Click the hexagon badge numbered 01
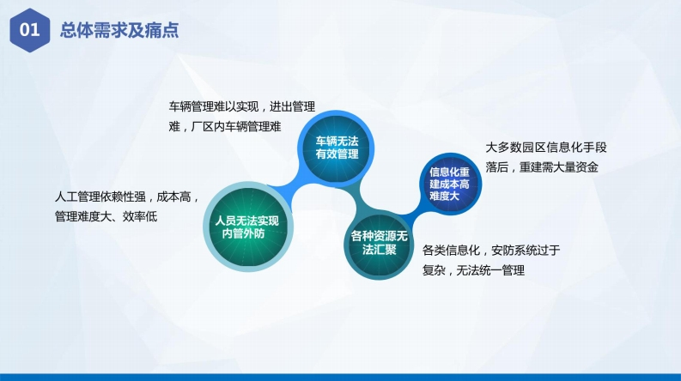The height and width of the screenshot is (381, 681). [29, 30]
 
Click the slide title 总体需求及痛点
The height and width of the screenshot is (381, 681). [119, 30]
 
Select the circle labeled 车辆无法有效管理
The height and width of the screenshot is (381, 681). [336, 148]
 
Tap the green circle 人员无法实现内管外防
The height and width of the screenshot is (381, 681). [248, 227]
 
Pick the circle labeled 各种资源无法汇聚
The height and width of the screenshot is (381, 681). [379, 243]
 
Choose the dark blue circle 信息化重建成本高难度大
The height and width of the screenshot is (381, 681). [450, 184]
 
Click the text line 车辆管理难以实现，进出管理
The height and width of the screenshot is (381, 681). [242, 106]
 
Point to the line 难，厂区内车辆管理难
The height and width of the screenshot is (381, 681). [225, 126]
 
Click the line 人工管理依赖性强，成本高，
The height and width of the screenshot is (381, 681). [126, 197]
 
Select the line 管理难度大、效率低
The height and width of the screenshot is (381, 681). [106, 216]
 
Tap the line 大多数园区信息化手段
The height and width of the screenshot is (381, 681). [546, 148]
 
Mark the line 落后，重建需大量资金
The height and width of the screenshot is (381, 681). [542, 167]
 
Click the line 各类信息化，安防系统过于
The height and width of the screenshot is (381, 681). [491, 250]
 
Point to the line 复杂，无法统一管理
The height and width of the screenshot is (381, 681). [473, 270]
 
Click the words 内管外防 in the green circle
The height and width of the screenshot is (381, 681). [243, 233]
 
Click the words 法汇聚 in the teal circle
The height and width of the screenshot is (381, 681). [380, 250]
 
